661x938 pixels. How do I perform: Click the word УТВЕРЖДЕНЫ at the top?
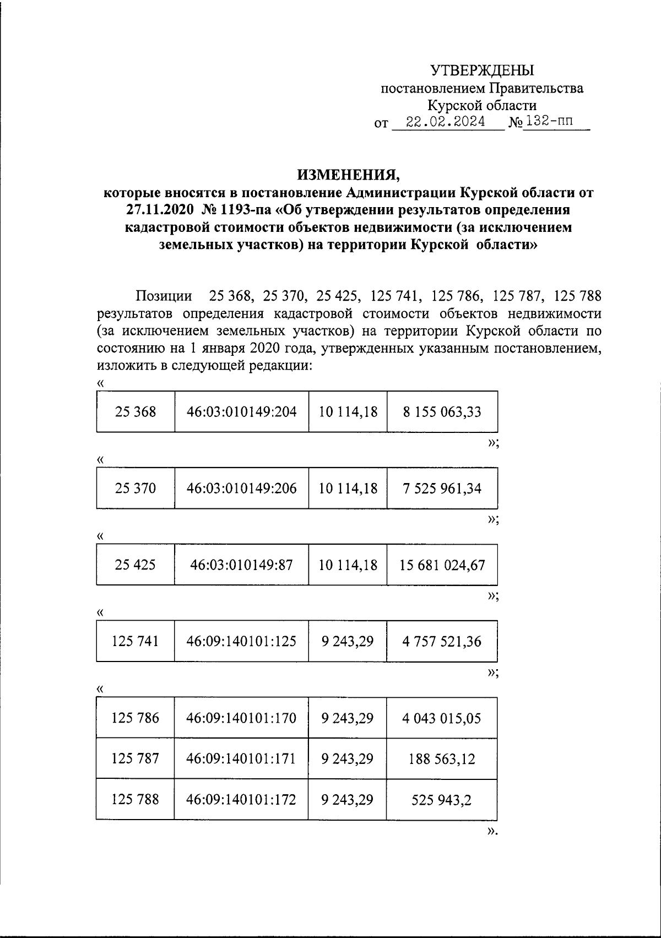(482, 71)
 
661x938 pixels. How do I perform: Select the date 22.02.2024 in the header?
(445, 122)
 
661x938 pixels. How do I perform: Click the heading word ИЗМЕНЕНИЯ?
(348, 175)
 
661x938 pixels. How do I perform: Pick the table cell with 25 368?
(136, 411)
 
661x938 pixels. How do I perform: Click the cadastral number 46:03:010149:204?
(241, 411)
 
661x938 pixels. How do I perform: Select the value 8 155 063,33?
(442, 411)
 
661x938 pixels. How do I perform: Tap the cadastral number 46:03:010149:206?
(241, 488)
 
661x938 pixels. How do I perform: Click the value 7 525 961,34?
(442, 488)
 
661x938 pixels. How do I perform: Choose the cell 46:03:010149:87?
(241, 565)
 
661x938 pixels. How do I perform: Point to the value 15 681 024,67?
(442, 565)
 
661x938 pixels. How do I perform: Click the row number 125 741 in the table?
(136, 641)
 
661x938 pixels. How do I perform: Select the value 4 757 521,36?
(442, 641)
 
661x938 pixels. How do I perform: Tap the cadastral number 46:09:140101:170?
(241, 718)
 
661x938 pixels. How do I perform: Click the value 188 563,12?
(442, 759)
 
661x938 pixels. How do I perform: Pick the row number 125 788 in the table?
(136, 799)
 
